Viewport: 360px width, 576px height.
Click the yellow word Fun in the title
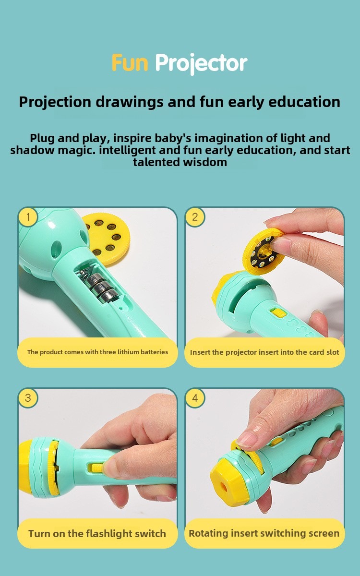[130, 63]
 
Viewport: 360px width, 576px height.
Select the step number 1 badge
[28, 217]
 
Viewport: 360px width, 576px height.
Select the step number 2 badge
[195, 217]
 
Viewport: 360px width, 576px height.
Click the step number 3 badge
[28, 398]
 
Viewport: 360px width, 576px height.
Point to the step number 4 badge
[195, 398]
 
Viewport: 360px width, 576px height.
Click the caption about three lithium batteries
[97, 352]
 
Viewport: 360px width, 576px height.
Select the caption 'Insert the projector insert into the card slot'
[264, 352]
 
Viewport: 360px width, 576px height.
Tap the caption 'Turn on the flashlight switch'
[97, 534]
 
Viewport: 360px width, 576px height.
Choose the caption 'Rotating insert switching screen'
[264, 533]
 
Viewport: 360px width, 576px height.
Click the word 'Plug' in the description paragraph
[42, 138]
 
